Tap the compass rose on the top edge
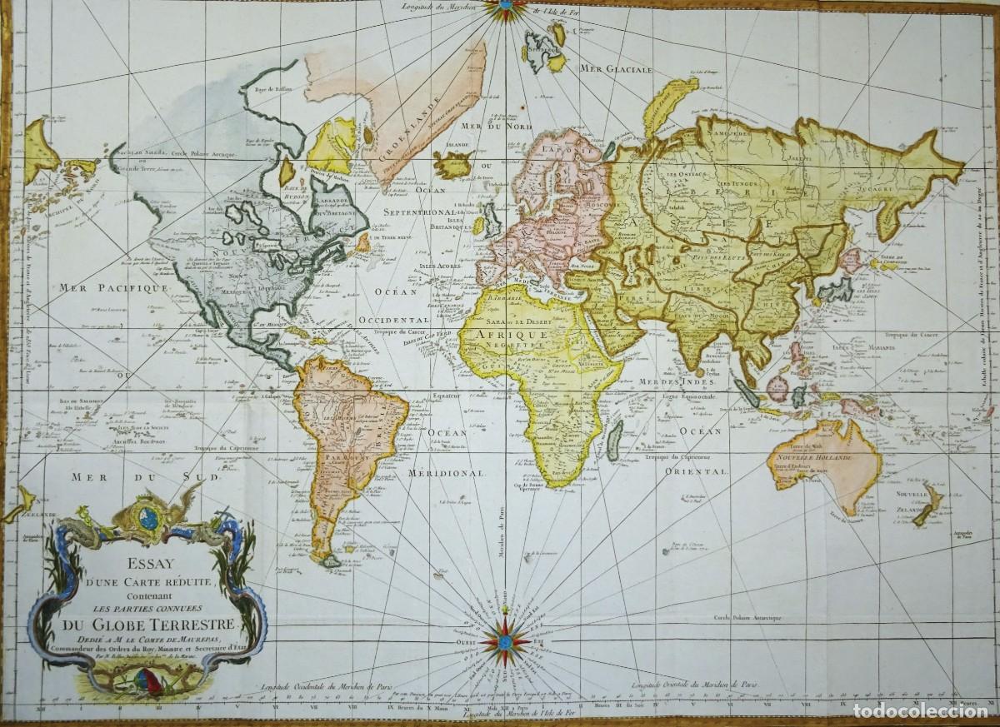[502, 9]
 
